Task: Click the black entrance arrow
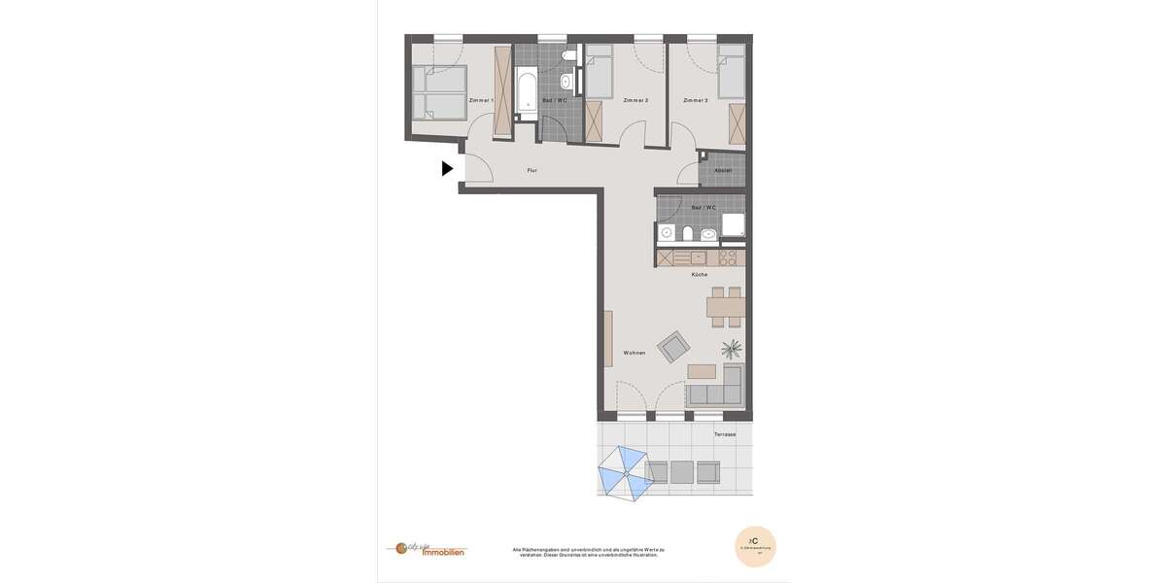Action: (x=447, y=168)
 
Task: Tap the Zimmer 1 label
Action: (x=480, y=101)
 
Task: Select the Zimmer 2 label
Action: (x=635, y=101)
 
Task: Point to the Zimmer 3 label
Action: (x=695, y=101)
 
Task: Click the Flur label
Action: (x=532, y=171)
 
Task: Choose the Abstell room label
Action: (x=722, y=171)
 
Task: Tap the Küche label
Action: (x=700, y=275)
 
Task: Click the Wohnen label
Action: (x=634, y=353)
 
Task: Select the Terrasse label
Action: (x=725, y=434)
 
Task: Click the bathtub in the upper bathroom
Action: (x=527, y=92)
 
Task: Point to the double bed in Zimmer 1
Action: (x=438, y=92)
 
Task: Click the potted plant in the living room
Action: (x=732, y=348)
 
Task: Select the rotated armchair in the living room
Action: (x=673, y=346)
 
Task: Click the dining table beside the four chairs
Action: (x=726, y=308)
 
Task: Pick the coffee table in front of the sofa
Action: (x=702, y=371)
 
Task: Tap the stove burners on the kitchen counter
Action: (x=727, y=258)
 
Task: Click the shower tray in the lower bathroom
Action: (x=733, y=225)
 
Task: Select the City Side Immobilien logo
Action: (x=427, y=549)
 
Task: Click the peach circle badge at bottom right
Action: (x=755, y=546)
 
